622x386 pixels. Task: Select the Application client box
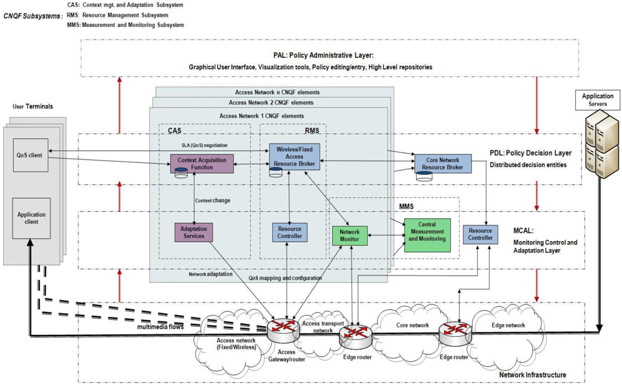click(31, 218)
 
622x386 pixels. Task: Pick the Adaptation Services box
click(194, 232)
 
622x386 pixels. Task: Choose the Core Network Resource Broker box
click(443, 164)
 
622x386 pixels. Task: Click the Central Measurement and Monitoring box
click(427, 235)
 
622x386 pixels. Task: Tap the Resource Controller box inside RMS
click(289, 232)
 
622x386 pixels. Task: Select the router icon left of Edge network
click(454, 331)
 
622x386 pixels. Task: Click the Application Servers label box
click(597, 100)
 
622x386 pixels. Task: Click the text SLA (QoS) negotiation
click(200, 145)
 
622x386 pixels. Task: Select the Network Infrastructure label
click(532, 375)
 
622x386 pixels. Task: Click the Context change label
click(212, 200)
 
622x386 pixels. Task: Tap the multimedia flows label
click(160, 326)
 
